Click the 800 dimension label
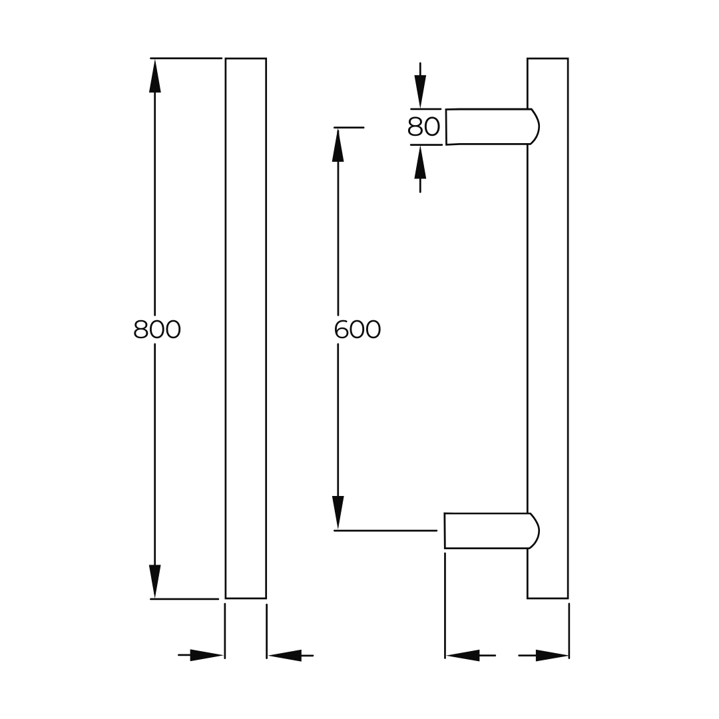[x=157, y=330]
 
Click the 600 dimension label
[x=358, y=330]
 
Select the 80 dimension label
[x=424, y=126]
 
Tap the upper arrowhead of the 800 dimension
[x=155, y=76]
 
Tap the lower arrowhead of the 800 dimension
[x=155, y=581]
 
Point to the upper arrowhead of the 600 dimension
[x=338, y=145]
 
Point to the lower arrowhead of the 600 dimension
[x=338, y=513]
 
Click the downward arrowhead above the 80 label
[x=420, y=91]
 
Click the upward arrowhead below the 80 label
[x=420, y=162]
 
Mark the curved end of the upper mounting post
[x=534, y=126]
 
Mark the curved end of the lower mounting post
[x=534, y=531]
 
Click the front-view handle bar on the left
[x=246, y=328]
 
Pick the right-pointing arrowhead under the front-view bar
[x=206, y=655]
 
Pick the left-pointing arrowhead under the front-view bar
[x=285, y=655]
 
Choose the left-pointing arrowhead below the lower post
[x=463, y=655]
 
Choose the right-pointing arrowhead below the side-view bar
[x=552, y=655]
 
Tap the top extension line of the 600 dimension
[x=349, y=127]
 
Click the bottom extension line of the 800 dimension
[x=184, y=599]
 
